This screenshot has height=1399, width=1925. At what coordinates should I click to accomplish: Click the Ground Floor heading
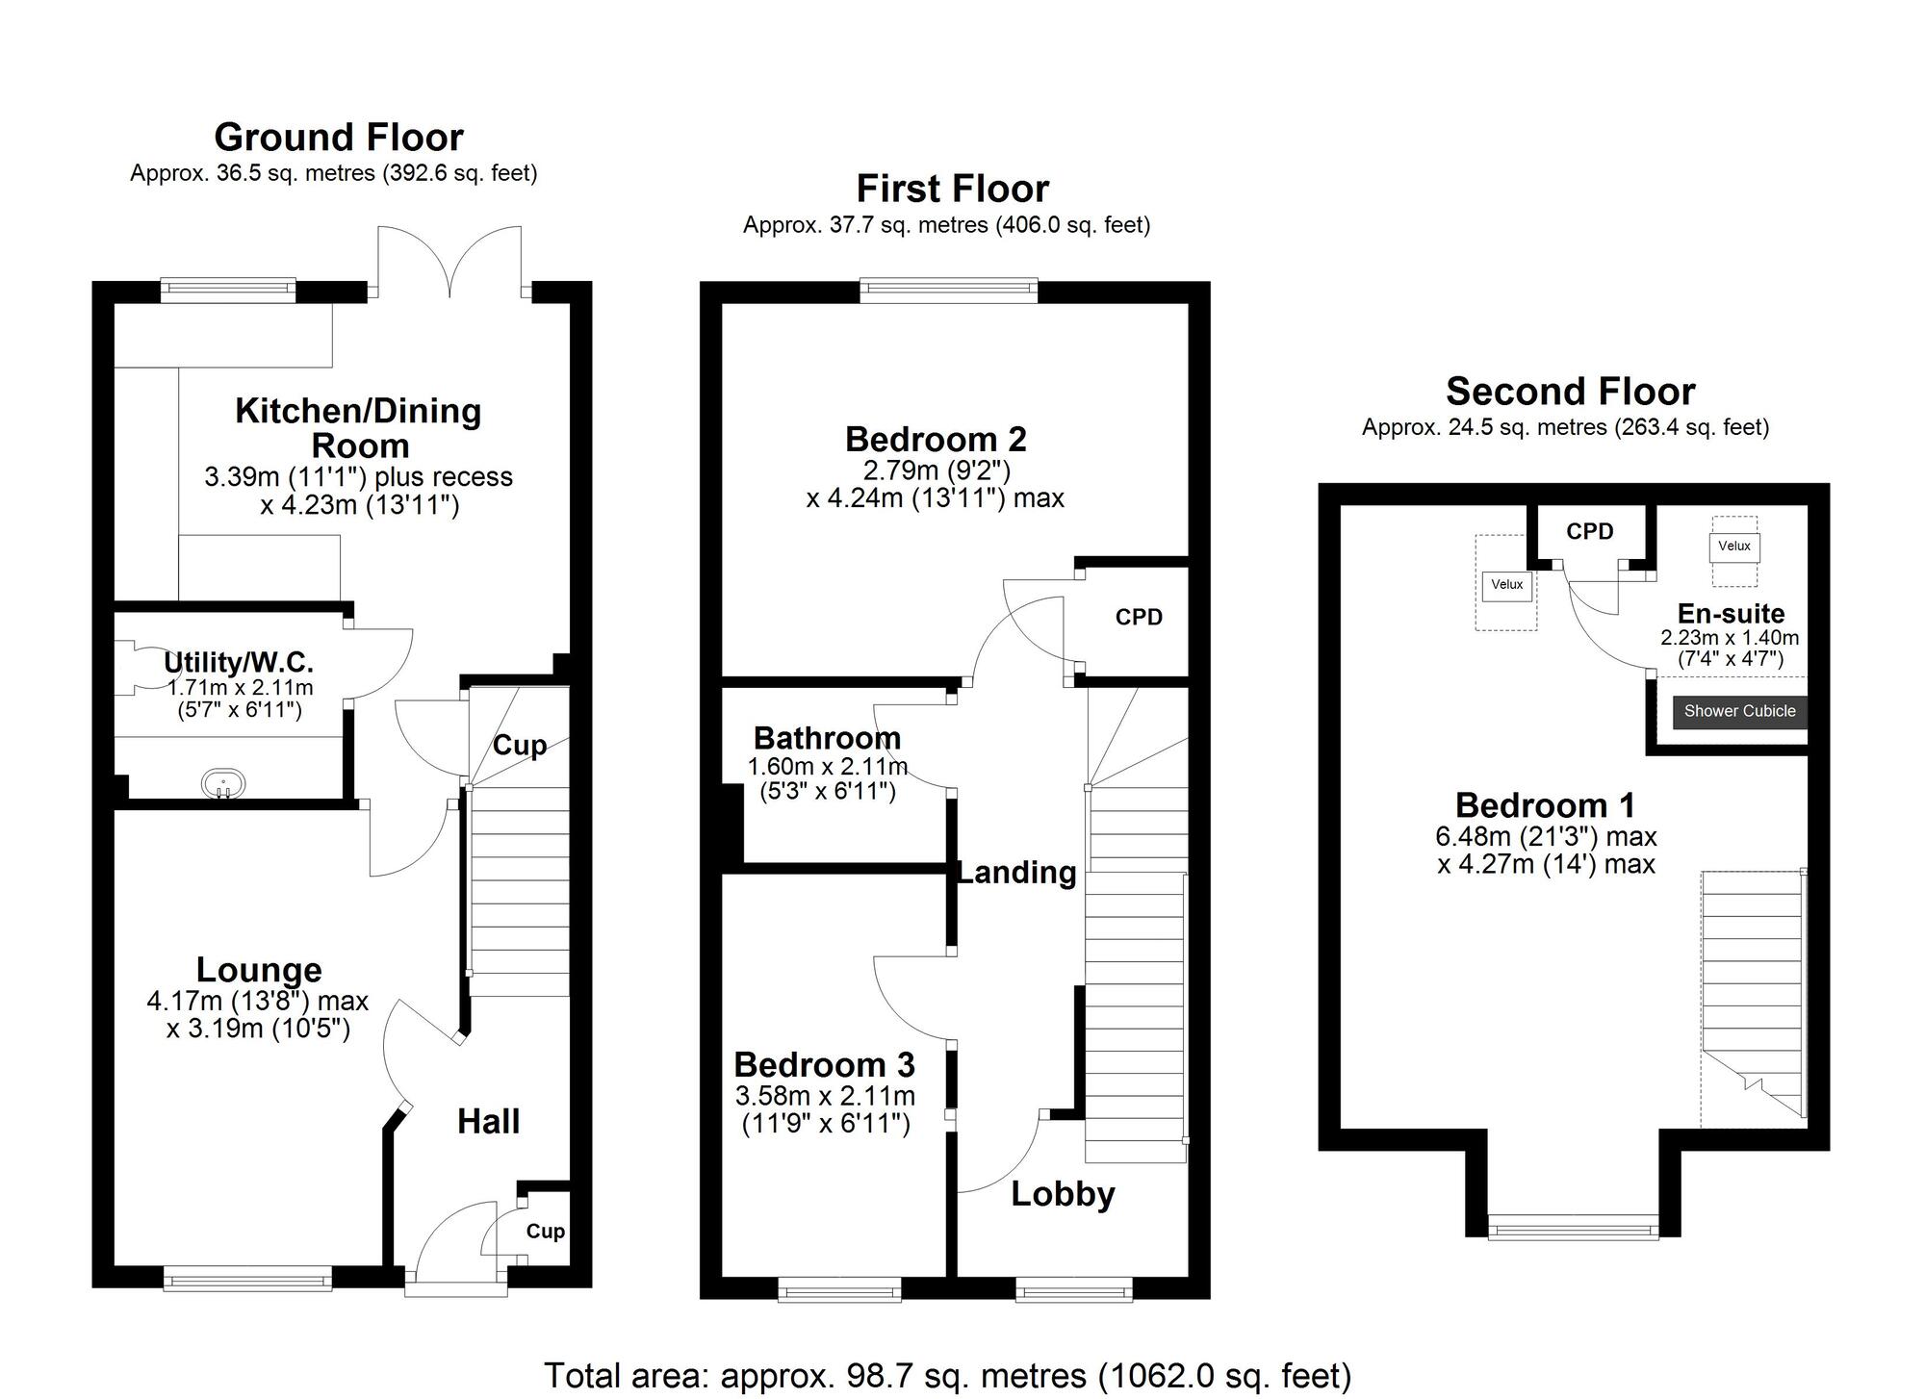pyautogui.click(x=338, y=138)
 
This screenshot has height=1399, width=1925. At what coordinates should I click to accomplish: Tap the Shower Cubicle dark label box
pyautogui.click(x=1739, y=711)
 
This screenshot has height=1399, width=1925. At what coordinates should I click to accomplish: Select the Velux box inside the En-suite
pyautogui.click(x=1733, y=547)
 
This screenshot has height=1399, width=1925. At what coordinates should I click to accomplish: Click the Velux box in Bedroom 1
pyautogui.click(x=1506, y=585)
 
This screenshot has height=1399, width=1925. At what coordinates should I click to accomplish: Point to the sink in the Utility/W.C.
pyautogui.click(x=223, y=783)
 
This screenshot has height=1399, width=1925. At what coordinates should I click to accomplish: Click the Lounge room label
pyautogui.click(x=258, y=970)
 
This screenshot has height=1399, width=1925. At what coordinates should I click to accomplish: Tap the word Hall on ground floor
pyautogui.click(x=488, y=1121)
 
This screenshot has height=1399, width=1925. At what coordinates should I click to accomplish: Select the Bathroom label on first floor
pyautogui.click(x=827, y=738)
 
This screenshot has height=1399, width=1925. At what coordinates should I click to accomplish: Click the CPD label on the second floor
pyautogui.click(x=1589, y=532)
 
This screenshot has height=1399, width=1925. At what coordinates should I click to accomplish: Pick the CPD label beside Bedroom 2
pyautogui.click(x=1139, y=618)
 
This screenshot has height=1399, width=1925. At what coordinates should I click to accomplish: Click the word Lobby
pyautogui.click(x=1063, y=1194)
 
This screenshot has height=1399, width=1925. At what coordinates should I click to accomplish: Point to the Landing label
pyautogui.click(x=1016, y=873)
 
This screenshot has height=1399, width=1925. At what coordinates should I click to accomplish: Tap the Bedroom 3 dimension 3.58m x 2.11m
pyautogui.click(x=825, y=1096)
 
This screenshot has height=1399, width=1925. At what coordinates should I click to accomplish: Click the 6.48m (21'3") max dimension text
pyautogui.click(x=1546, y=837)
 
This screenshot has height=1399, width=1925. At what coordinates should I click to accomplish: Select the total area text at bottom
pyautogui.click(x=947, y=1376)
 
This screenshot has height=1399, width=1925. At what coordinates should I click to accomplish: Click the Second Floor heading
pyautogui.click(x=1570, y=392)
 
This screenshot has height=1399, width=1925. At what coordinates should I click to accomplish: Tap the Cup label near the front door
pyautogui.click(x=545, y=1232)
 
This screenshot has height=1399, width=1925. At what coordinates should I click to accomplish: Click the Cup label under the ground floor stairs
pyautogui.click(x=520, y=746)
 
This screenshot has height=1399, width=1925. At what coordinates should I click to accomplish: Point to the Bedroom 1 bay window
pyautogui.click(x=1573, y=1227)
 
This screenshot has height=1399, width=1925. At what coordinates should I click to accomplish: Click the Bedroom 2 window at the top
pyautogui.click(x=948, y=290)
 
